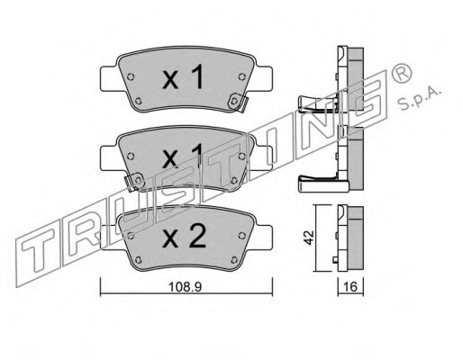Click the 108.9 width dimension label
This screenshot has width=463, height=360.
185,287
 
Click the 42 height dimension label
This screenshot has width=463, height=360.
309,238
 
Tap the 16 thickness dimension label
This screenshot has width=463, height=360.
350,287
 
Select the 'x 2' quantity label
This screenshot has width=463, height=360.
184,237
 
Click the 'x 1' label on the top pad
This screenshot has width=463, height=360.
183,77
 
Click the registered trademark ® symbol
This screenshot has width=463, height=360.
402,74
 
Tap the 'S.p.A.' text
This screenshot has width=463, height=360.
419,99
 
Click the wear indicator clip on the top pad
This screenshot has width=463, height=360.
238,103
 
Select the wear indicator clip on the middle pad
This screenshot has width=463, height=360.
134,182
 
